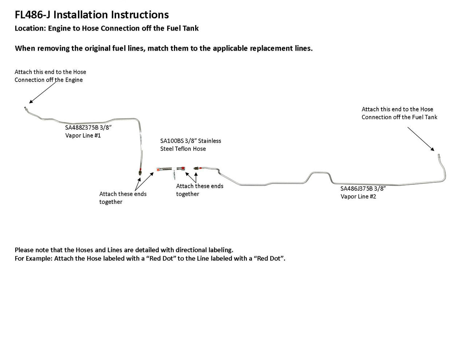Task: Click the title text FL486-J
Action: tap(33, 15)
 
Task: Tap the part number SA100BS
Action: tap(172, 141)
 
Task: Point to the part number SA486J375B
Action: tap(356, 189)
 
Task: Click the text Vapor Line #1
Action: tap(83, 135)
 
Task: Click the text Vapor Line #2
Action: tap(358, 197)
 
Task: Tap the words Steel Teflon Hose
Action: tap(183, 149)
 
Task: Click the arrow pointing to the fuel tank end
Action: tap(421, 139)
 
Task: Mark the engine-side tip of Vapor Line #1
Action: tap(24, 108)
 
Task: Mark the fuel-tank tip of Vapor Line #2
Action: tap(439, 155)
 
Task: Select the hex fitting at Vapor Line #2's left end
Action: tap(197, 168)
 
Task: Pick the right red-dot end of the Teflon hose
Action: tap(183, 168)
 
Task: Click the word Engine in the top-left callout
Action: tap(74, 80)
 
